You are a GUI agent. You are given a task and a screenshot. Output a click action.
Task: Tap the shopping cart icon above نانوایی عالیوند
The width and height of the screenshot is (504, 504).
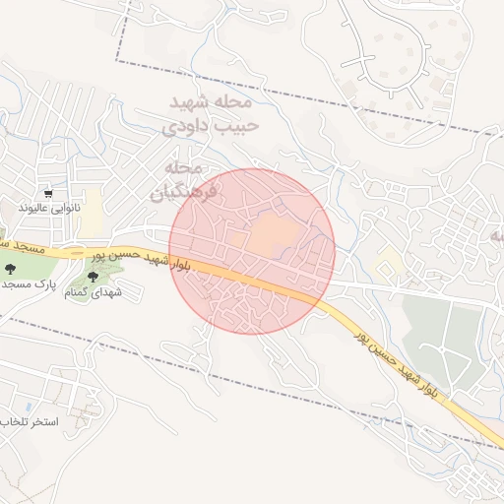pos(48,193)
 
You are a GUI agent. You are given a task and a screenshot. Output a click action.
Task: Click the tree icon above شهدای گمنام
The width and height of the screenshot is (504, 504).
pos(94,278)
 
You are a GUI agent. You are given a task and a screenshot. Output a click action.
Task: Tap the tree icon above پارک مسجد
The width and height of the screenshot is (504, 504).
pos(11,268)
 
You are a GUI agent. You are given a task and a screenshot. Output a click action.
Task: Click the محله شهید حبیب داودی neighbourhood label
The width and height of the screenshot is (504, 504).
pos(209,113)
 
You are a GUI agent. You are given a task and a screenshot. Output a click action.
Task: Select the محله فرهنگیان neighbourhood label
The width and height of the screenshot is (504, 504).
pos(183,179)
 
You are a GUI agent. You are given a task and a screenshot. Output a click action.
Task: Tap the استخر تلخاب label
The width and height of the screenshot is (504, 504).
pos(30,421)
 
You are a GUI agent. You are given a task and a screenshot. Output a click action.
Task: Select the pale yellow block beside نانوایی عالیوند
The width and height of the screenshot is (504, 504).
pos(92,220)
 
